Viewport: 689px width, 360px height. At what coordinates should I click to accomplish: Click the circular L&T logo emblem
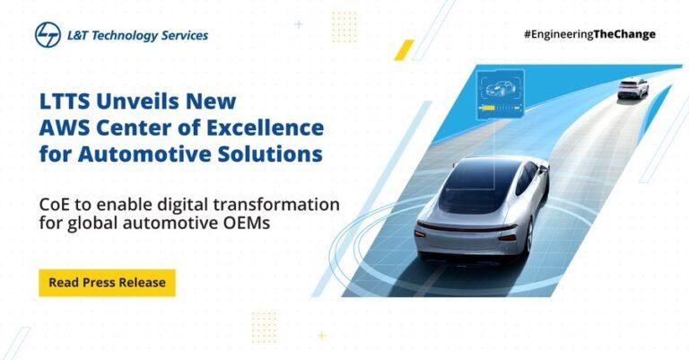48,35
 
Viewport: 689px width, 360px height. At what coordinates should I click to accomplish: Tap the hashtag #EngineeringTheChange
589,34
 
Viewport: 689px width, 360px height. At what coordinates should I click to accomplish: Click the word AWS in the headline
64,127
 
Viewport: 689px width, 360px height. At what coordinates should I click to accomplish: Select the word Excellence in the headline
266,127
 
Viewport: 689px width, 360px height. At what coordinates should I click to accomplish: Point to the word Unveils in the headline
138,101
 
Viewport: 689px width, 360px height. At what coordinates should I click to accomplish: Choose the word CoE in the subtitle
54,205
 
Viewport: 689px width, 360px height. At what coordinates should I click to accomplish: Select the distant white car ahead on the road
632,89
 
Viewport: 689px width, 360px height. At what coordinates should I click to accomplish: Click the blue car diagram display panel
500,94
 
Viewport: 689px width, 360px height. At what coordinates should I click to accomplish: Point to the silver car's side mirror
544,168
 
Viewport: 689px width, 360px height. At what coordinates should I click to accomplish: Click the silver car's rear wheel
529,236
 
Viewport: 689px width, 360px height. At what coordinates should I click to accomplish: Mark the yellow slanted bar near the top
405,49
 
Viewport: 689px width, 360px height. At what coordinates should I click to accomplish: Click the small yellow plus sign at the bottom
322,336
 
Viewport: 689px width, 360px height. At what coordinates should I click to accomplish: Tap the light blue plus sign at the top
299,24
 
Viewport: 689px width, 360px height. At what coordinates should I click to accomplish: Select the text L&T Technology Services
137,36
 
